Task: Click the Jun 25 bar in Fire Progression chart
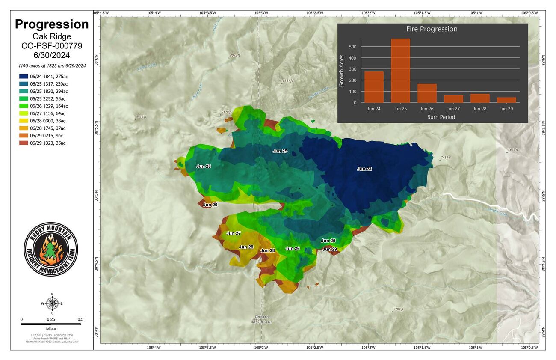400,71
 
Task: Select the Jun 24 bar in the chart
374,87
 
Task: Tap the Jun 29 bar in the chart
506,100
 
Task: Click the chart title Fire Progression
432,29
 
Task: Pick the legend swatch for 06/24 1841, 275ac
23,76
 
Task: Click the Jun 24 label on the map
364,169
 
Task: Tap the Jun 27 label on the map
234,233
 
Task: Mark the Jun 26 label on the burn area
293,248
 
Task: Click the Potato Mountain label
260,319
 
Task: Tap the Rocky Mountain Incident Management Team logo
51,249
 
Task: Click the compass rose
52,303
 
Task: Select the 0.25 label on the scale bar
51,319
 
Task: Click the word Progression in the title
52,24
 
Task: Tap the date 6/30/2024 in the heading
52,56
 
